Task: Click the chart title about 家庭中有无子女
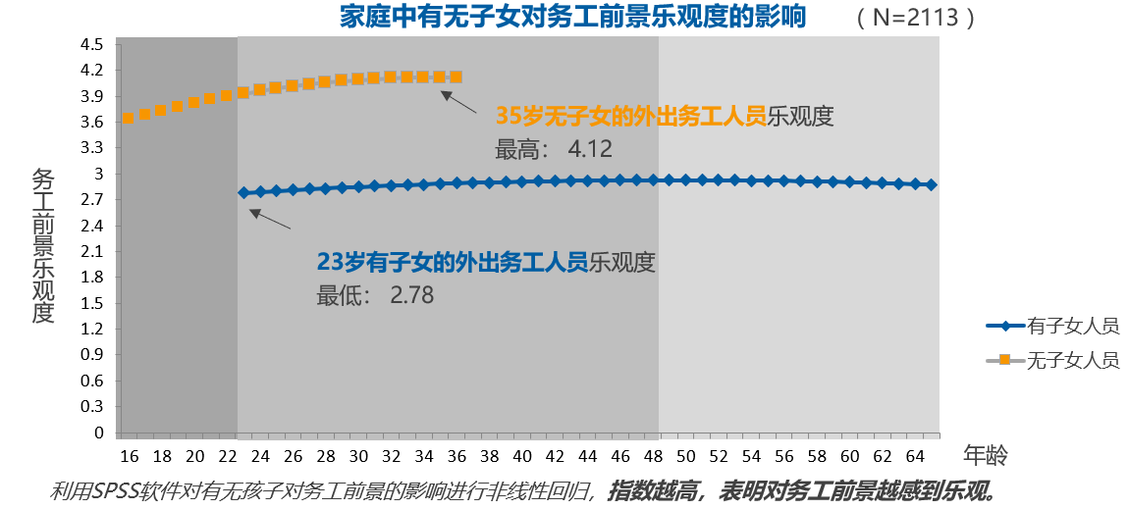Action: pos(572,17)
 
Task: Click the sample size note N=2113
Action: pos(915,18)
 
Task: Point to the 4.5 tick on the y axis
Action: pos(92,45)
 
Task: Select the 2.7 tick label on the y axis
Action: pos(92,200)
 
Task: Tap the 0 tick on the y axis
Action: pos(98,433)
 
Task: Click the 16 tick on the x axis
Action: pos(130,456)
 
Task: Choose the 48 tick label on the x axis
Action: pos(653,456)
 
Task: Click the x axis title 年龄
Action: pos(986,455)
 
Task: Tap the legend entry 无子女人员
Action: pos(1072,360)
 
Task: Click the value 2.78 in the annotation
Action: pos(411,294)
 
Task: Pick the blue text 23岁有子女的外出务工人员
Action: pos(452,262)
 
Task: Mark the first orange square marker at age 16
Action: pos(129,118)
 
